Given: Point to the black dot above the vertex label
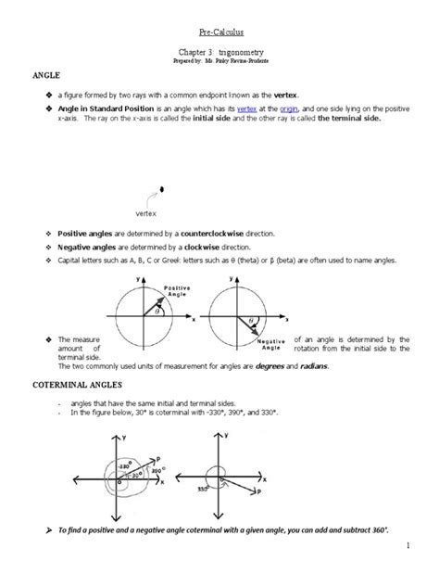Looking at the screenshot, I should (163, 189).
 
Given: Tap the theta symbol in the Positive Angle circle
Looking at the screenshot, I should (157, 312).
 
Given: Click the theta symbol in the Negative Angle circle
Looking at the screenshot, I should (247, 321).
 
